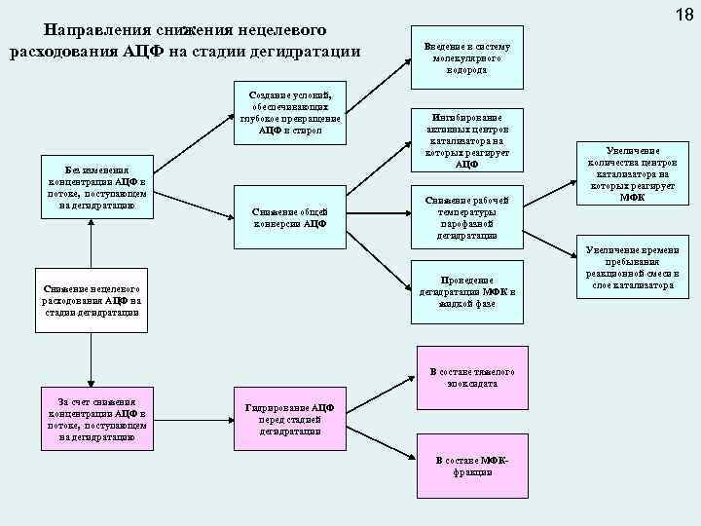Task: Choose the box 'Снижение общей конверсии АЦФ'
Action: click(x=289, y=217)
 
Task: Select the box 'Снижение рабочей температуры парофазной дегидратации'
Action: click(x=467, y=216)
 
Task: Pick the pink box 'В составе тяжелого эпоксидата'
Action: click(x=467, y=377)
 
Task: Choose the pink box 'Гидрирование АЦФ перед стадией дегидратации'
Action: click(x=289, y=419)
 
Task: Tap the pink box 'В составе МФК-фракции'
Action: click(x=467, y=466)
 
